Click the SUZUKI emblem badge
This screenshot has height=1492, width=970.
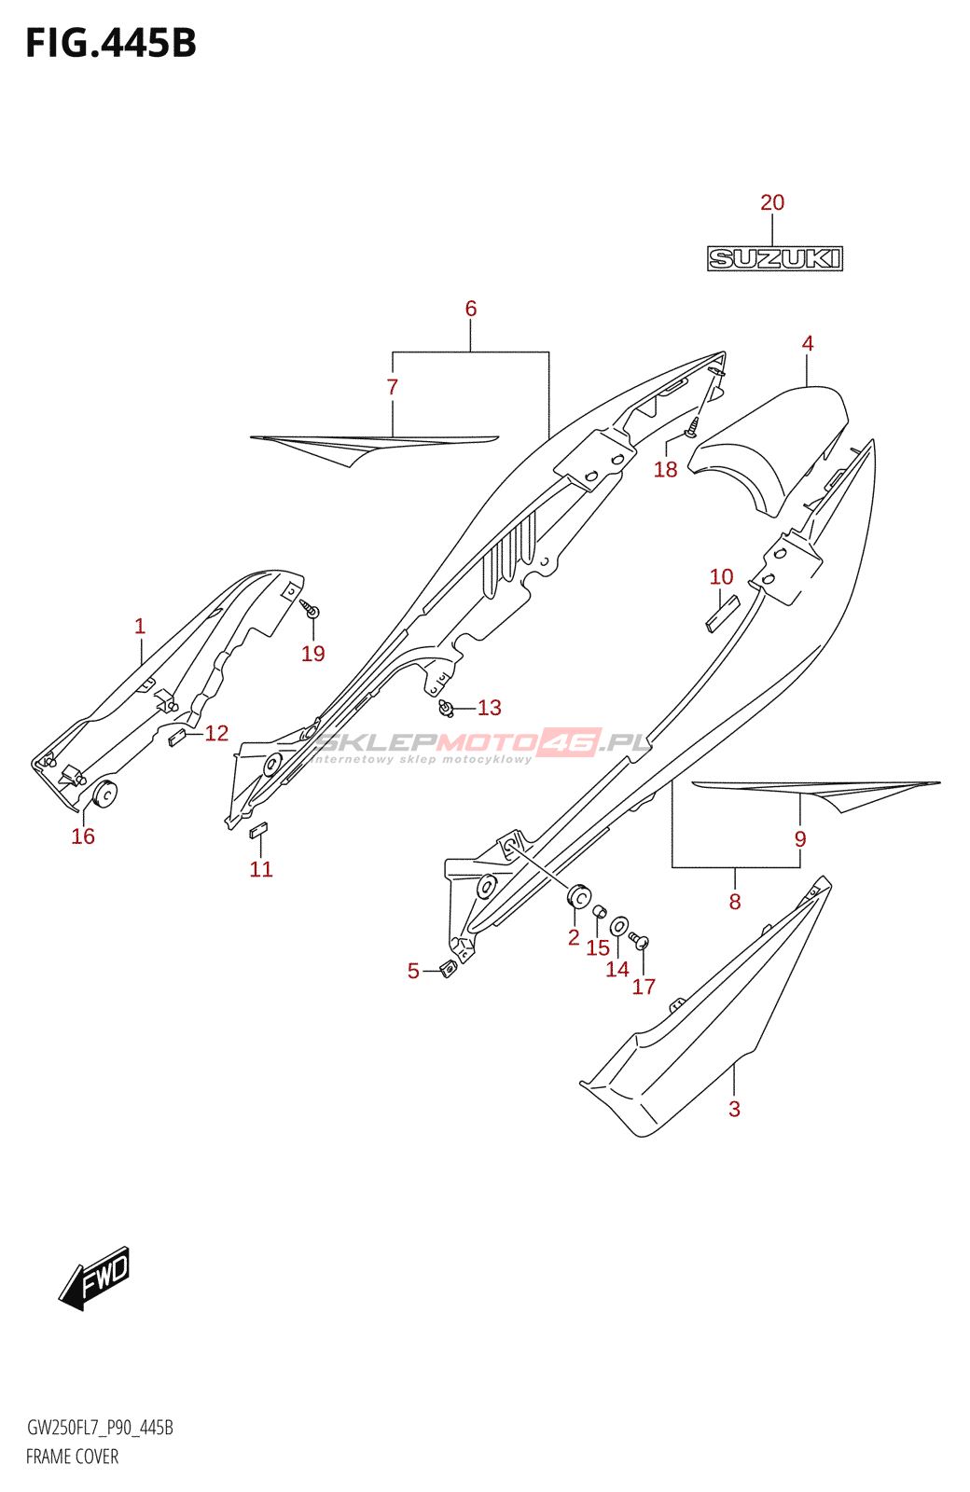(x=774, y=258)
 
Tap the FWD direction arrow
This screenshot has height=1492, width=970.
(x=95, y=1278)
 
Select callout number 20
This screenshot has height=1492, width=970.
(x=772, y=202)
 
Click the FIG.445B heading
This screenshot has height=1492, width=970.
(x=111, y=44)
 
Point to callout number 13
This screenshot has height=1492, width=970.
(x=490, y=708)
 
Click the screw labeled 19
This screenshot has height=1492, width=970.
(x=311, y=611)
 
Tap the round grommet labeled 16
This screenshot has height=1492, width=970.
(x=104, y=794)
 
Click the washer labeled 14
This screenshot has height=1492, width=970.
(x=618, y=927)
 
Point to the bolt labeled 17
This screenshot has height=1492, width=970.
(x=640, y=940)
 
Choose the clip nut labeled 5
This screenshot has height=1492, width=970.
(x=448, y=969)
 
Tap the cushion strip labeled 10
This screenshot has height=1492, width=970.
(x=721, y=615)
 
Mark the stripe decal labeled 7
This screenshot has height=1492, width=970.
(x=373, y=444)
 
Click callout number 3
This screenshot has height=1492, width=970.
(x=734, y=1109)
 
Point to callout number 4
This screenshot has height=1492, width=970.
(x=808, y=343)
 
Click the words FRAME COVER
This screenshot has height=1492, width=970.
(x=72, y=1457)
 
